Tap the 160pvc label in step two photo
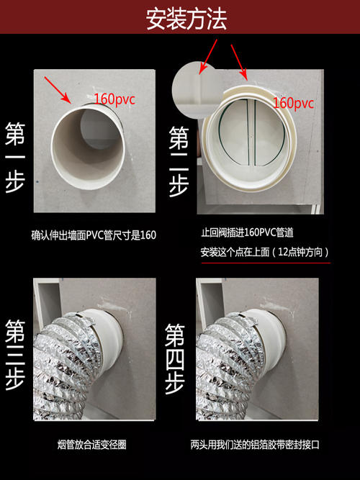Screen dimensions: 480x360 (x=294, y=104)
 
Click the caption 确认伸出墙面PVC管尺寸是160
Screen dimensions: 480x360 (x=94, y=235)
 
